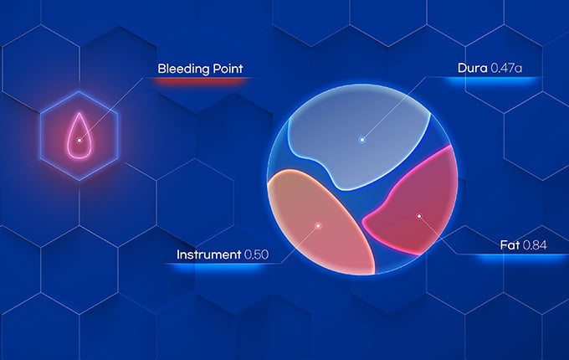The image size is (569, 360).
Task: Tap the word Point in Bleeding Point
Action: [x=228, y=69]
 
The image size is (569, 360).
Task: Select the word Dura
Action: [x=472, y=68]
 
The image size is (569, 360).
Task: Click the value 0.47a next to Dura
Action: [x=506, y=68]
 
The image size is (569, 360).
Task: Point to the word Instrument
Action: [x=208, y=255]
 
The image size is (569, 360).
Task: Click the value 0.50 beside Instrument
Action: [x=257, y=255]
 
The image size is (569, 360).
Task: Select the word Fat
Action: [x=510, y=245]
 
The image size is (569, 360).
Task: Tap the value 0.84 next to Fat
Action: [x=535, y=245]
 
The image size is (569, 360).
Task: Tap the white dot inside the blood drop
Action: [x=79, y=140]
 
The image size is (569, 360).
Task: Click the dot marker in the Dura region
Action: [x=361, y=139]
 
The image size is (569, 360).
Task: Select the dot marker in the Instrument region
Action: [x=318, y=226]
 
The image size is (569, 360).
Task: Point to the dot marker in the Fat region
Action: [x=419, y=216]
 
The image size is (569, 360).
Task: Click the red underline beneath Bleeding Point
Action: [x=202, y=80]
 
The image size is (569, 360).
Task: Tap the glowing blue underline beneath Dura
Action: [x=492, y=80]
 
